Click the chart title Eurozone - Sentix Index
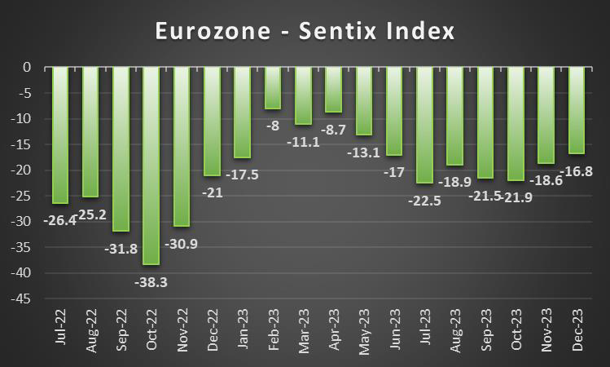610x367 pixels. pos(305,32)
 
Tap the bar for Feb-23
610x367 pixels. pos(273,87)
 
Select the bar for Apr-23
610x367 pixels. pos(334,89)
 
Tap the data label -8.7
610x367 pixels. pos(336,130)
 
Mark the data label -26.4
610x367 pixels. pos(63,219)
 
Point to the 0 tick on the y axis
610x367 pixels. pos(28,67)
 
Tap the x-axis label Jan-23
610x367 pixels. pos(244,333)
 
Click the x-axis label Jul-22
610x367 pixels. pos(61,333)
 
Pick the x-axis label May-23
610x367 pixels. pos(365,333)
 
